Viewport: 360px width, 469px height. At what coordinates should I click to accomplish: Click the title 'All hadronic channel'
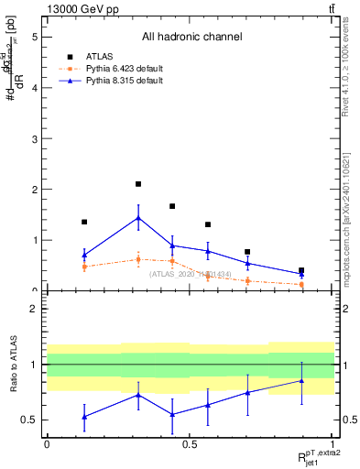[x=191, y=38]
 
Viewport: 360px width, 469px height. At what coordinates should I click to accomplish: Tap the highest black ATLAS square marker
[x=138, y=184]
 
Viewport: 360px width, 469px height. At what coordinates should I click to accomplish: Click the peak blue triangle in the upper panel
[x=138, y=218]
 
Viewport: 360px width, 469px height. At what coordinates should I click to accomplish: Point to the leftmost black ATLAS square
[x=84, y=222]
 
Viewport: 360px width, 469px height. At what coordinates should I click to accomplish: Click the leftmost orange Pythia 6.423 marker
[x=84, y=267]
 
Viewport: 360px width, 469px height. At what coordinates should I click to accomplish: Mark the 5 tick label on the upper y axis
[x=36, y=38]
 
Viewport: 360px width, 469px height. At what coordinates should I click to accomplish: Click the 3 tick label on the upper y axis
[x=36, y=139]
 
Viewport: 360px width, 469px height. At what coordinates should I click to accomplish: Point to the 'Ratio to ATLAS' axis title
[x=14, y=365]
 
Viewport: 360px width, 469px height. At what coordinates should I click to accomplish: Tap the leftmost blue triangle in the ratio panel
[x=84, y=417]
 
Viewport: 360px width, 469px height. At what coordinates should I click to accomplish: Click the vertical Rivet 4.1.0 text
[x=348, y=69]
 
